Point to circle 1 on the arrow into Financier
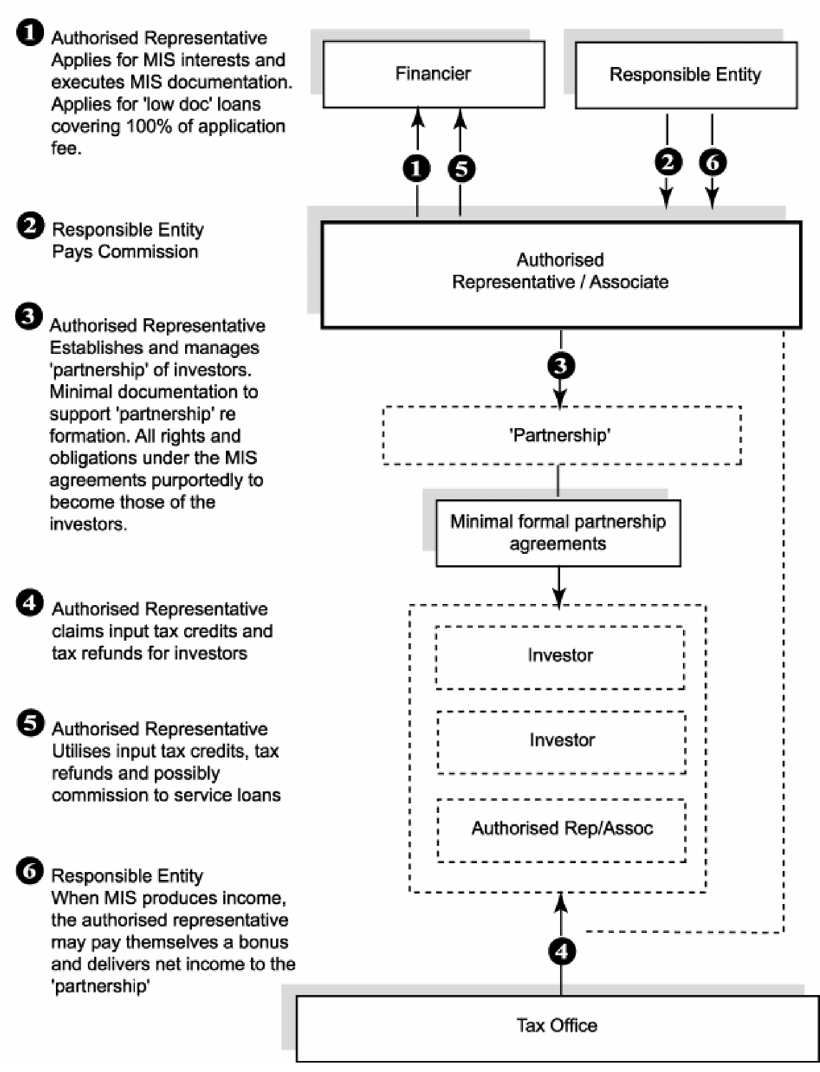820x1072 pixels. tap(417, 169)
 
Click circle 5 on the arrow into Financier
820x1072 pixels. tap(461, 169)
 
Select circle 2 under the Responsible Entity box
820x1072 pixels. tap(668, 162)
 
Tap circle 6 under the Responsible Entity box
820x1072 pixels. tap(713, 162)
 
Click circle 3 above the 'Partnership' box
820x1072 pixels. tap(561, 365)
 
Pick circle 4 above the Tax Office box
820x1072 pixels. tap(562, 951)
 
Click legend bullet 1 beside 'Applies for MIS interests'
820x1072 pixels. tap(30, 32)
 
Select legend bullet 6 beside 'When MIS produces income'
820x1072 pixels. tap(30, 872)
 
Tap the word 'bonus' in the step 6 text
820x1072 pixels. tap(264, 942)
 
